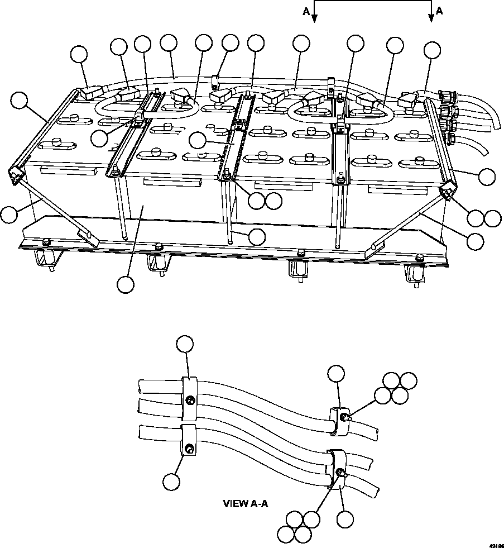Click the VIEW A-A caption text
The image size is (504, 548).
pos(246,503)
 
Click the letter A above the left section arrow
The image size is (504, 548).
pos(305,11)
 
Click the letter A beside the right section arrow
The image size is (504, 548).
pos(440,11)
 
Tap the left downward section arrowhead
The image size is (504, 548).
pos(315,18)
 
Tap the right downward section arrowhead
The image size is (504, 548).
pos(431,18)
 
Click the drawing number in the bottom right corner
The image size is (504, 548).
pos(496,543)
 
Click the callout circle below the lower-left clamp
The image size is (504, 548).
pos(172,481)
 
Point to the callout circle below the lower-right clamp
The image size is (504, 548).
pos(346,520)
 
